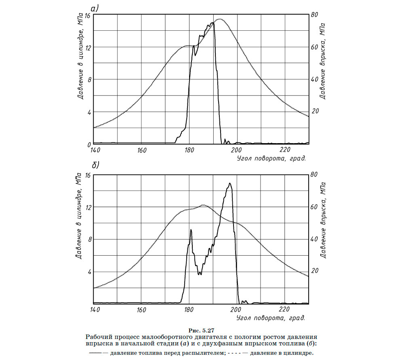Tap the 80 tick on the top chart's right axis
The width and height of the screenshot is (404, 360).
pos(314,15)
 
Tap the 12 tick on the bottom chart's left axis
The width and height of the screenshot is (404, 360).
pos(88,207)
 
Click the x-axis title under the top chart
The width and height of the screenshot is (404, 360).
pos(271,158)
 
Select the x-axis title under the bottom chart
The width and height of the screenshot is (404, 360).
pos(271,318)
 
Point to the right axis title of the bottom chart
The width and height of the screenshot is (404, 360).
pos(322,220)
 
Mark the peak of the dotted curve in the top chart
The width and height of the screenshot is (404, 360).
pos(220,19)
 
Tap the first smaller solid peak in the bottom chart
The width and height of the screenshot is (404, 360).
pos(191,229)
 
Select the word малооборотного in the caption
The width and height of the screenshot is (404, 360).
pos(162,337)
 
